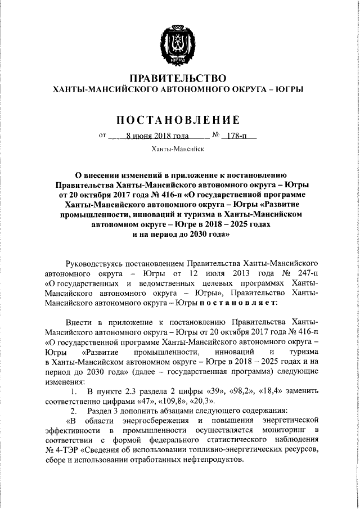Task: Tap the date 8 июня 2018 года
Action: [x=149, y=136]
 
